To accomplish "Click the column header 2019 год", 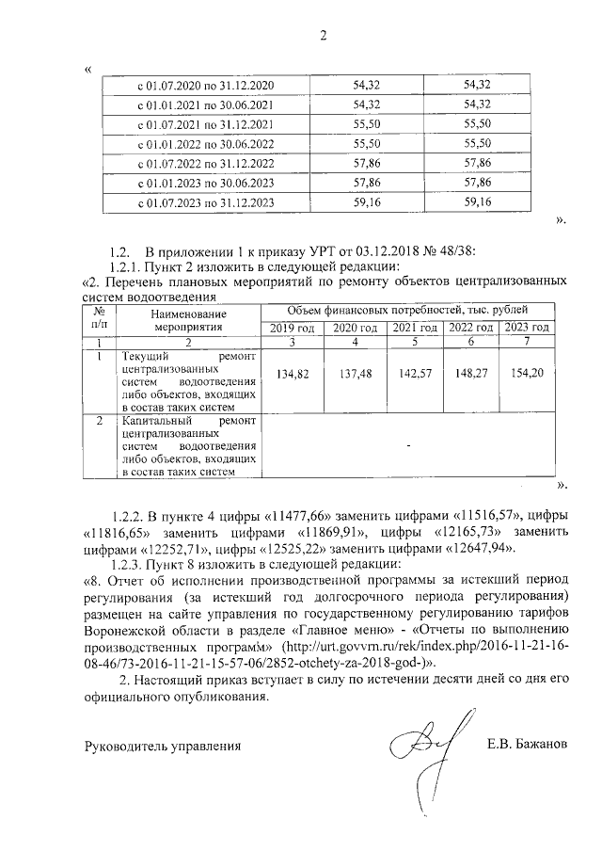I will click(291, 327).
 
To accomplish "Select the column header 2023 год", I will click(527, 327).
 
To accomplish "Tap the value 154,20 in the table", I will click(527, 374).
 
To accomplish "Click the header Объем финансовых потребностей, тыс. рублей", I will click(407, 309).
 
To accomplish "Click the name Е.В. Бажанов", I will click(527, 746).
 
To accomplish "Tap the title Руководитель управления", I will click(163, 747).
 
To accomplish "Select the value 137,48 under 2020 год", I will click(351, 374).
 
